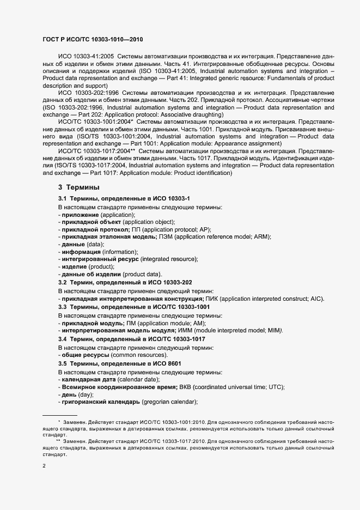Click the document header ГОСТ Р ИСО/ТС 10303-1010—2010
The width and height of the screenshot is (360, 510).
[93, 40]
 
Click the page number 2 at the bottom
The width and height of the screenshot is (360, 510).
[44, 466]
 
